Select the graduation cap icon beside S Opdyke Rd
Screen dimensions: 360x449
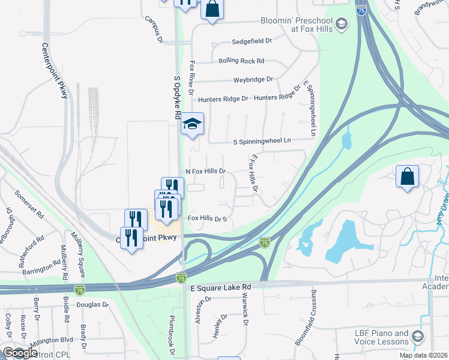(x=193, y=124)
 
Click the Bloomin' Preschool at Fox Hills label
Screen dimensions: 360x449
(x=296, y=25)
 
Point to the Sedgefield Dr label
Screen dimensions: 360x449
(x=252, y=42)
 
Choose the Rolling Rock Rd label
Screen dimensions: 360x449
(x=241, y=61)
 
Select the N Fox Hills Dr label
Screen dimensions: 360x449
(x=205, y=171)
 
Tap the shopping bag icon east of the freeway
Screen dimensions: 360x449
(x=407, y=176)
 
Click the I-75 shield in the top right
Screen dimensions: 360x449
(x=361, y=10)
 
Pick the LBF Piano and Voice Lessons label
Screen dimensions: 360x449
(x=377, y=338)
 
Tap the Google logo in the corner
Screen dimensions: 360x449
(x=20, y=353)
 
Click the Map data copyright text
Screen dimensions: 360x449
(x=423, y=355)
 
